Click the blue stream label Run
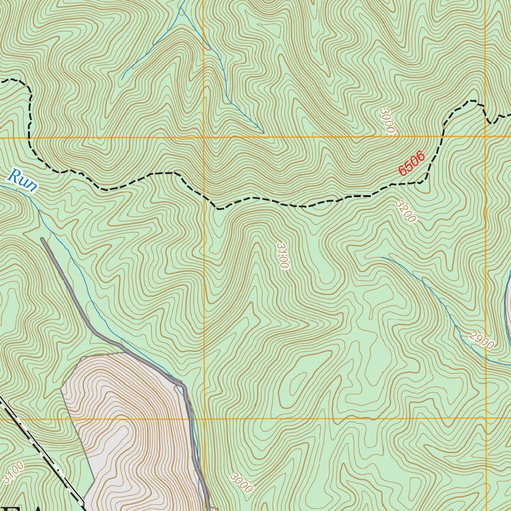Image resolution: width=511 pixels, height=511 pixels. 22,181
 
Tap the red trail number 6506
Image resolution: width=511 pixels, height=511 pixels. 412,163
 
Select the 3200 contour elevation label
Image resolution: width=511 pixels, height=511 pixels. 405,212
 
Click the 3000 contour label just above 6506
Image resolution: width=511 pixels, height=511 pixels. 387,121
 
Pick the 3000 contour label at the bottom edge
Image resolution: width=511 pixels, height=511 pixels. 242,483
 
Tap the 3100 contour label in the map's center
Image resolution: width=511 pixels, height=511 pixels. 282,255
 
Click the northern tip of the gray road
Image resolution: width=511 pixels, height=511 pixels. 42,240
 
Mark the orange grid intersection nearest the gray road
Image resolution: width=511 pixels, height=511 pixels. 204,419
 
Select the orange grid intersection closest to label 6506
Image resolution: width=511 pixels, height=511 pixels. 486,136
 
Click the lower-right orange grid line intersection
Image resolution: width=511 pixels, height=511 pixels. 486,418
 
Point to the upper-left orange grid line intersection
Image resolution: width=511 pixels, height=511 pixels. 204,137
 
